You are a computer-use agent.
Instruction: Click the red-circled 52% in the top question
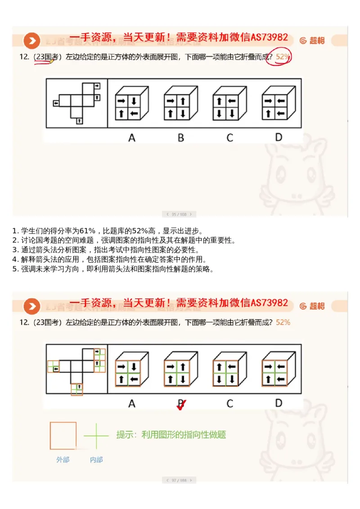283,57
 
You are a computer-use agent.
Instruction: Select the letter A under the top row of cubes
132,138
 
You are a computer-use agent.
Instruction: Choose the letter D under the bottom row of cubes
279,403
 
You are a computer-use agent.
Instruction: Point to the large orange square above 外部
63,436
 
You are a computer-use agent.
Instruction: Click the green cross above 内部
96,436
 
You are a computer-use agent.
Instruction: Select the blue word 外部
63,459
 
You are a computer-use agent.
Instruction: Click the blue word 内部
96,459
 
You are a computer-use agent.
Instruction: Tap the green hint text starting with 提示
171,435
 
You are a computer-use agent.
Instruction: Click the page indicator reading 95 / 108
179,214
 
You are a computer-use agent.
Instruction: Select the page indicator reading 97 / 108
179,480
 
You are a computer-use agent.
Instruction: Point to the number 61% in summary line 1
87,231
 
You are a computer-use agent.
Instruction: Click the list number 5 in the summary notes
14,269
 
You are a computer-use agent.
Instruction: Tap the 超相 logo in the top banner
312,41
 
